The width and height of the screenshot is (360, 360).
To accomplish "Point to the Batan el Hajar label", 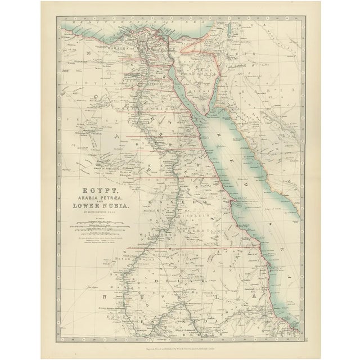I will [130, 258].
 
